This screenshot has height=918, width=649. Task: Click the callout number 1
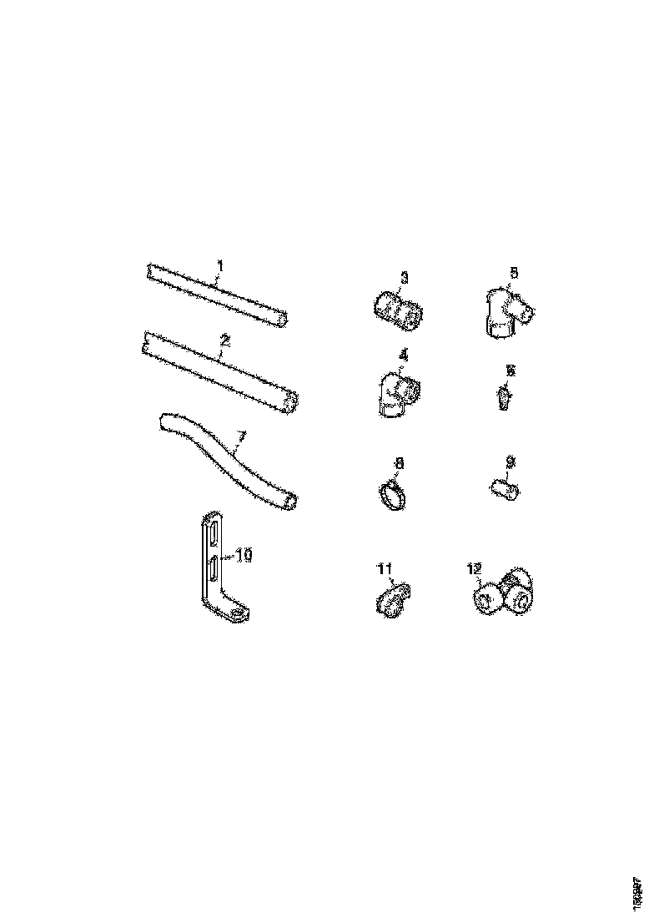pyautogui.click(x=219, y=266)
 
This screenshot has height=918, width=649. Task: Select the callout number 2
pyautogui.click(x=224, y=340)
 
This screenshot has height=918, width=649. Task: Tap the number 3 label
pyautogui.click(x=403, y=277)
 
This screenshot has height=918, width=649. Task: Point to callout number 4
pyautogui.click(x=403, y=355)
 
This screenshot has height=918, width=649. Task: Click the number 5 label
pyautogui.click(x=514, y=273)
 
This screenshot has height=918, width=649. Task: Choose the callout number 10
pyautogui.click(x=244, y=553)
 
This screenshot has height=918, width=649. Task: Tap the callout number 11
pyautogui.click(x=385, y=569)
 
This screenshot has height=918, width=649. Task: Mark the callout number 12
pyautogui.click(x=475, y=569)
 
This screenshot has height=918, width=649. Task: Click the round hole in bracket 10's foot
pyautogui.click(x=239, y=614)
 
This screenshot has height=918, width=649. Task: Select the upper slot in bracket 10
pyautogui.click(x=213, y=532)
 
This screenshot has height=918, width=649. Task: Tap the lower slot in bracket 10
pyautogui.click(x=214, y=572)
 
